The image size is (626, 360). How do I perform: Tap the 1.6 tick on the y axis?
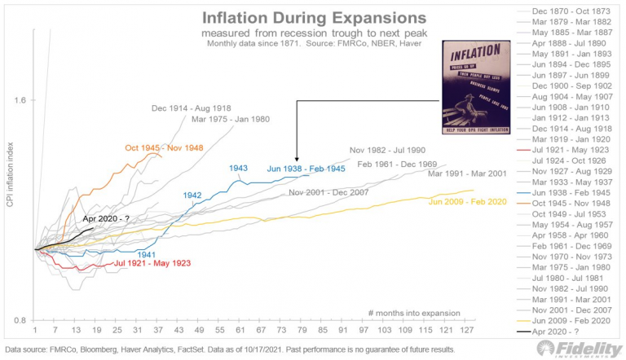(20, 100)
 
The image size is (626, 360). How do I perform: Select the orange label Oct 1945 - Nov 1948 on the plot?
(164, 148)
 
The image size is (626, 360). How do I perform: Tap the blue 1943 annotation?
(238, 169)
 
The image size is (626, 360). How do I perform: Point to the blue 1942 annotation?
(192, 195)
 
